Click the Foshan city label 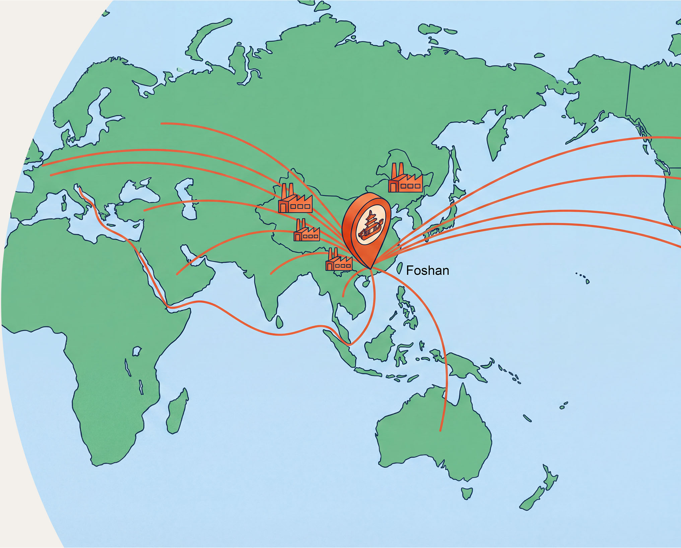(x=427, y=270)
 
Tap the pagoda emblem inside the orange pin (x=370, y=225)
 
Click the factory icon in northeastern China (x=405, y=179)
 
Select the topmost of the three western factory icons (x=295, y=199)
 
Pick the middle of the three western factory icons (x=307, y=231)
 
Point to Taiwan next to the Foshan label (x=399, y=268)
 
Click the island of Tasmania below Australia (x=467, y=493)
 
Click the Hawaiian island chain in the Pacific (x=583, y=278)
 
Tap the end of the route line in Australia (x=440, y=430)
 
